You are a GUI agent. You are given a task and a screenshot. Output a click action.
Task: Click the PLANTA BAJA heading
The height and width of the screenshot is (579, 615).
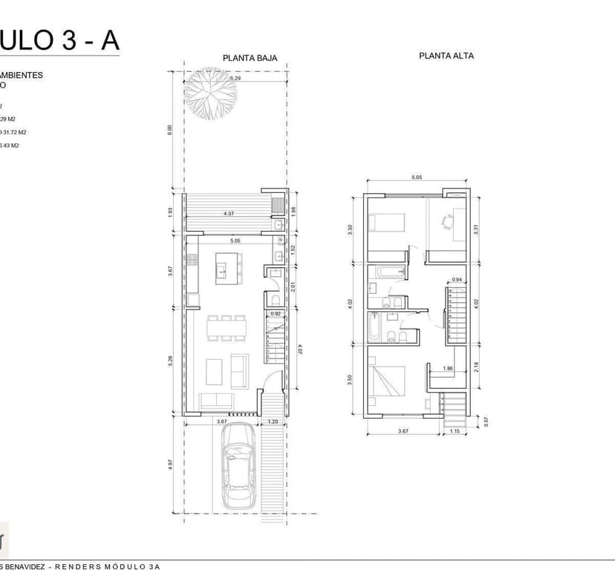click(244, 56)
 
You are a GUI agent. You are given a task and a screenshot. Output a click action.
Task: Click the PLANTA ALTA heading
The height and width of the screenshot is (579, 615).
click(446, 56)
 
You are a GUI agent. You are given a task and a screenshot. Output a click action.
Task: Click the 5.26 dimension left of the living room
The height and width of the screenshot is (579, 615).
click(171, 362)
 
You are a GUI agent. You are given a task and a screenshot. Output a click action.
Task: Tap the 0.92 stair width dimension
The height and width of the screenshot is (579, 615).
click(276, 314)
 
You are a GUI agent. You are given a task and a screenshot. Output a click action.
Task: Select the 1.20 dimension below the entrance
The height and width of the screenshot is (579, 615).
click(272, 422)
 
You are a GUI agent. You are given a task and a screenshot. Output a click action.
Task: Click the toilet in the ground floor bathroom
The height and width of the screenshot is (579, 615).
click(273, 300)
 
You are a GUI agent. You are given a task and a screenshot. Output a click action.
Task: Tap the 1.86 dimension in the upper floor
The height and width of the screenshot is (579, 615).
click(448, 369)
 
